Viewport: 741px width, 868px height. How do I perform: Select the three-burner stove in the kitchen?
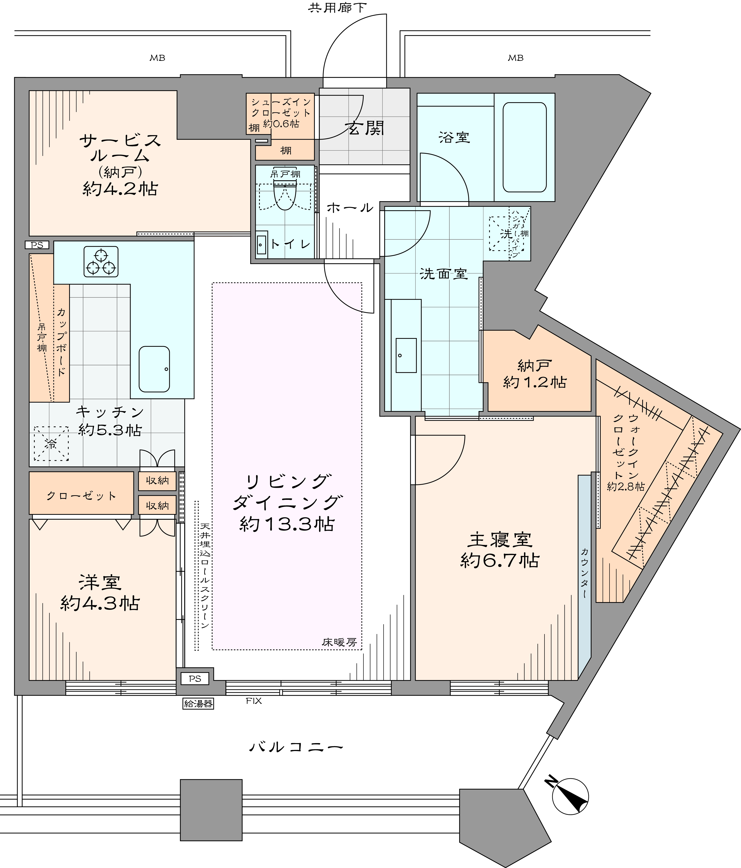101,261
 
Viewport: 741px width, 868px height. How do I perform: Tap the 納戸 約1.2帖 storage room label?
535,374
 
